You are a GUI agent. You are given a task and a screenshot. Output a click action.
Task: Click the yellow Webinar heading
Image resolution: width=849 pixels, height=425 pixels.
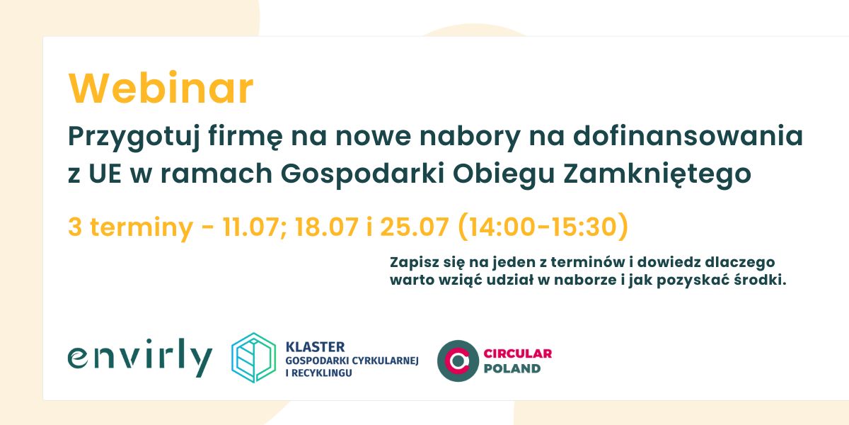click(x=161, y=88)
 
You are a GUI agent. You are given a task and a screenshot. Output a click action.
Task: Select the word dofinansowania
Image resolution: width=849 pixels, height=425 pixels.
click(x=688, y=135)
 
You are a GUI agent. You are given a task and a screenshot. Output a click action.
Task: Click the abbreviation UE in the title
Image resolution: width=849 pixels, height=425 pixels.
click(x=105, y=174)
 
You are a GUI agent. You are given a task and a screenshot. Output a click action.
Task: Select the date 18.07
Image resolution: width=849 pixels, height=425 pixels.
click(x=326, y=227)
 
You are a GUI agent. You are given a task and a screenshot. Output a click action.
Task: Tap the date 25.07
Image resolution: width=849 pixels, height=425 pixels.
click(x=415, y=227)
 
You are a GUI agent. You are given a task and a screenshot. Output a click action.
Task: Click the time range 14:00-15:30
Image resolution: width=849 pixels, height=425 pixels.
click(x=543, y=227)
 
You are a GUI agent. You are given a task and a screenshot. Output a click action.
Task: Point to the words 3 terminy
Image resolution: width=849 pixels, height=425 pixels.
click(x=131, y=227)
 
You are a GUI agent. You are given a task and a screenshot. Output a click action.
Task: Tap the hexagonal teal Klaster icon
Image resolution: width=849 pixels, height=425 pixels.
click(x=253, y=358)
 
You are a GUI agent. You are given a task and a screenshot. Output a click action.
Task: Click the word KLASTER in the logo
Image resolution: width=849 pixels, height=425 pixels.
click(x=315, y=347)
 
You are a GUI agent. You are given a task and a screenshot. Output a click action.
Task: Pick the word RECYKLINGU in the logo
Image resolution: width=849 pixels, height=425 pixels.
click(x=322, y=373)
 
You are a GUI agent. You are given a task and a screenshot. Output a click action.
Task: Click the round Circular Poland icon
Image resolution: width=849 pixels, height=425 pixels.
click(x=458, y=361)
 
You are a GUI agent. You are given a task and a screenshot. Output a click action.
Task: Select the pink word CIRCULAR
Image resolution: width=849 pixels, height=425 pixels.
click(x=518, y=353)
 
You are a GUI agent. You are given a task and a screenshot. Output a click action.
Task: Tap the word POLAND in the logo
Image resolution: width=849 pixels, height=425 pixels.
click(x=512, y=368)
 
